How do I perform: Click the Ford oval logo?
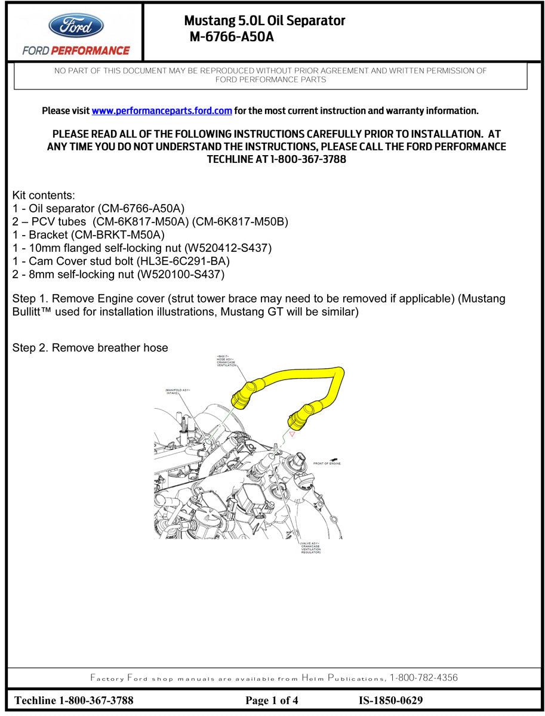pos(76,26)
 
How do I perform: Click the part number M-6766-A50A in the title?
pos(232,37)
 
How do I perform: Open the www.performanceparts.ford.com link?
pos(162,111)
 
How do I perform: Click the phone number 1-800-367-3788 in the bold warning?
pos(308,160)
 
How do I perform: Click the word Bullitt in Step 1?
pos(29,313)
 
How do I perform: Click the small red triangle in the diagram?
pos(291,435)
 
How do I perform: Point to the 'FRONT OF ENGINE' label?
pos(327,464)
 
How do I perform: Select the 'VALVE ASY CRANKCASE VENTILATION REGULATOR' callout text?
pos(310,548)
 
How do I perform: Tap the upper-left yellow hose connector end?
pos(242,397)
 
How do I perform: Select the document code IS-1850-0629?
pos(390,700)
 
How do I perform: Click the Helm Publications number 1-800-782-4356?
pos(424,678)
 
